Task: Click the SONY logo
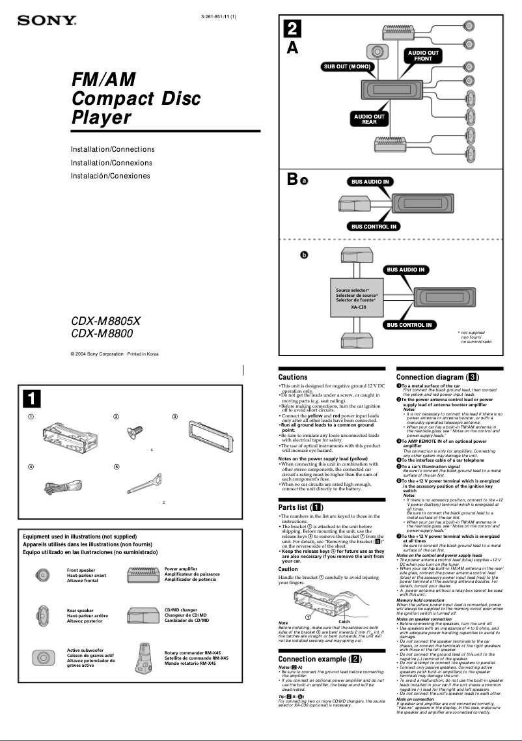[47, 20]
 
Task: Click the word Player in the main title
[101, 118]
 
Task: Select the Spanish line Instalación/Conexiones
[110, 176]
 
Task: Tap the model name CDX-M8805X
[105, 321]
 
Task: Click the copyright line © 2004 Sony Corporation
[114, 354]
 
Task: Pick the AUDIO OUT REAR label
[369, 119]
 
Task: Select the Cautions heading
[293, 377]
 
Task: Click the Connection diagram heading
[438, 377]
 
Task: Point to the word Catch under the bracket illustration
[344, 622]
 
